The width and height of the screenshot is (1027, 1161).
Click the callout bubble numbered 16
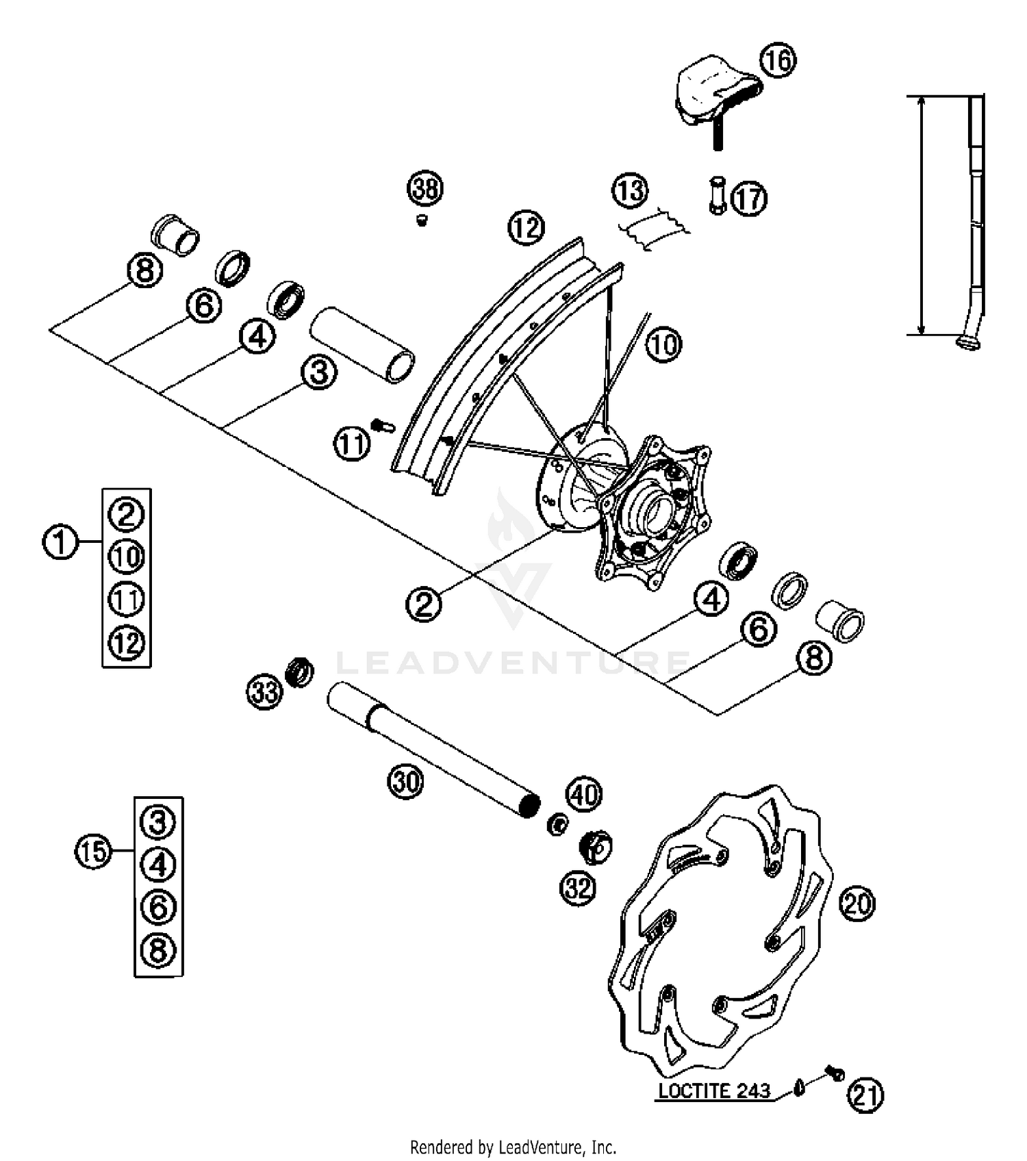tap(778, 60)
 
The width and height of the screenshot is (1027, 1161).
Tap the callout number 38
tap(425, 188)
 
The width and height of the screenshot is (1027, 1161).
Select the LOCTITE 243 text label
tap(714, 1091)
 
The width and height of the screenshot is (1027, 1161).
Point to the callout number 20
tap(857, 904)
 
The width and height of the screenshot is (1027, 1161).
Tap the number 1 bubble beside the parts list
tap(60, 541)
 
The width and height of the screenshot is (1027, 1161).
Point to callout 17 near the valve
tap(748, 199)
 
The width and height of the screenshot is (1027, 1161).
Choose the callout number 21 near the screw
tap(865, 1095)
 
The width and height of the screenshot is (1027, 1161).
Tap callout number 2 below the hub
tap(424, 604)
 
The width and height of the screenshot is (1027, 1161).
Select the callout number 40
tap(583, 795)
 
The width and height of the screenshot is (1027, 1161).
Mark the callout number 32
tap(579, 889)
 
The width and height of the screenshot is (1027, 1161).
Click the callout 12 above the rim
tap(526, 227)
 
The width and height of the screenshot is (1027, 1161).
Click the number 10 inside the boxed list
tap(127, 557)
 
